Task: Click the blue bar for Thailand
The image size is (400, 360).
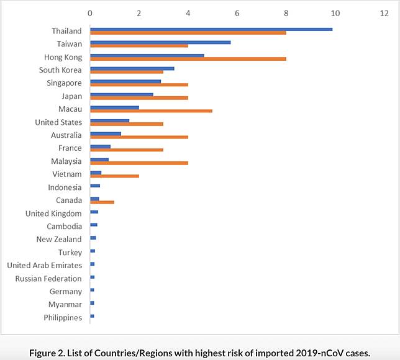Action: (x=211, y=29)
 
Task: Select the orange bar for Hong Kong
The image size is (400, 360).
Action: (x=188, y=59)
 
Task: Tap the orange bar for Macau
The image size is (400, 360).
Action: (x=151, y=111)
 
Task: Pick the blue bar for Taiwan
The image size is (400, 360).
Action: (x=160, y=42)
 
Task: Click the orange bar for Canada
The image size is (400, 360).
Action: (x=102, y=202)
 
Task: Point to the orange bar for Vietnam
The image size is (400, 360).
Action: (x=114, y=176)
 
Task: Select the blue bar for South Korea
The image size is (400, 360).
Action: (x=132, y=68)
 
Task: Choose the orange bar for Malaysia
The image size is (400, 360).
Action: (x=139, y=163)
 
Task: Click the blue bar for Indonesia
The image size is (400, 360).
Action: (x=95, y=186)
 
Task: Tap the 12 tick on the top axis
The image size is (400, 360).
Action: (x=383, y=12)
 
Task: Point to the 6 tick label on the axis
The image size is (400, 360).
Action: (x=237, y=12)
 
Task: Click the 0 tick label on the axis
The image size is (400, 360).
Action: (x=90, y=12)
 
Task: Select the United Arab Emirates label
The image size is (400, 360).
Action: (x=44, y=266)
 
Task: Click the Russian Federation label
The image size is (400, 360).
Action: (x=48, y=279)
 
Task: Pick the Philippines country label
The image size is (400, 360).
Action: (x=62, y=318)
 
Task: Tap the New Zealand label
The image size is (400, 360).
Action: (x=58, y=240)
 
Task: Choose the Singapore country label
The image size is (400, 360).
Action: (x=64, y=83)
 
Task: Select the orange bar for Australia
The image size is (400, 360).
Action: (x=139, y=137)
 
